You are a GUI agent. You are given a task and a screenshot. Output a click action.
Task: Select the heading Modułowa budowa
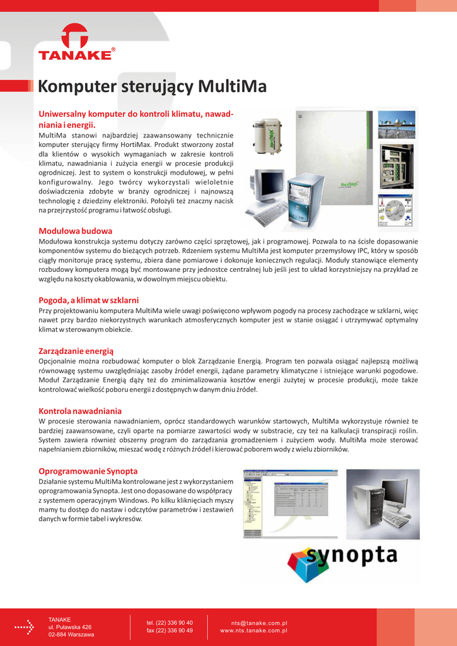click(76, 231)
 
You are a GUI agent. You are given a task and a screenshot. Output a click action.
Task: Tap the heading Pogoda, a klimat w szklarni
click(89, 300)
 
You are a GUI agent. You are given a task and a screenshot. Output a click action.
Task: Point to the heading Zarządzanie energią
click(76, 350)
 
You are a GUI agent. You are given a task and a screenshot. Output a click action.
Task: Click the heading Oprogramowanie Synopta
click(88, 471)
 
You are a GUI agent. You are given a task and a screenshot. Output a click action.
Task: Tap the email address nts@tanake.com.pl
click(259, 623)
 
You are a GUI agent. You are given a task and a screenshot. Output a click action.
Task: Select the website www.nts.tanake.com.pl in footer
click(253, 630)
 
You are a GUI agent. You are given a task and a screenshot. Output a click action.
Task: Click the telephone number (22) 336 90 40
click(170, 623)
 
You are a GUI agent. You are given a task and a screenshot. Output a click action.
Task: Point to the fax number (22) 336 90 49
click(170, 630)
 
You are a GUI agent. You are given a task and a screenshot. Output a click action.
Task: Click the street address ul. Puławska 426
click(70, 627)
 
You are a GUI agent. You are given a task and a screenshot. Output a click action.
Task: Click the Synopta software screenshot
click(291, 504)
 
